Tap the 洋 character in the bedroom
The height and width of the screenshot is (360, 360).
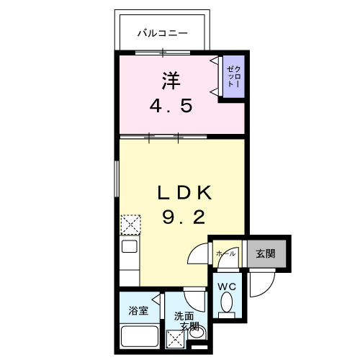pos(171,81)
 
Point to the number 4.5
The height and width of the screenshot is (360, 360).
pos(171,107)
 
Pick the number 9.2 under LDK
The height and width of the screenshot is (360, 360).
pos(184,217)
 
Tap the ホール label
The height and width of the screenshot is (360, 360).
pos(225,253)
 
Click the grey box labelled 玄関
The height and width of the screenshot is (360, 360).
pos(266,253)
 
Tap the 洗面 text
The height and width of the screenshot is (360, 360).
pos(183,315)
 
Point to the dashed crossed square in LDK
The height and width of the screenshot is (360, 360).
pos(130,225)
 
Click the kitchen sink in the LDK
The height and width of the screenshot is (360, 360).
pos(130,246)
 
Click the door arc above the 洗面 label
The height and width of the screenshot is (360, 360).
pos(194,297)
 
